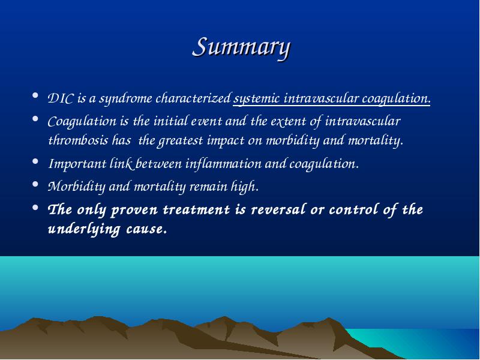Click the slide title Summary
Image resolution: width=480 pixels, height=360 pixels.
tap(242, 47)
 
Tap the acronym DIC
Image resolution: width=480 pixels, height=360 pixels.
tap(61, 98)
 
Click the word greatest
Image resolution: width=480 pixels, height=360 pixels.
tap(179, 141)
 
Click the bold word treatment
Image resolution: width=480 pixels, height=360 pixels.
tap(196, 210)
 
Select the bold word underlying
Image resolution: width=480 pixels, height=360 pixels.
tap(83, 229)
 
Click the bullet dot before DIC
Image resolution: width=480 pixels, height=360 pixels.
tap(35, 95)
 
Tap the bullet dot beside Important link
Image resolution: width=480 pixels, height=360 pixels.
tap(35, 161)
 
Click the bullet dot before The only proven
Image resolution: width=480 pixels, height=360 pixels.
tap(35, 208)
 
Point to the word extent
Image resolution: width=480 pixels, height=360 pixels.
tap(287, 122)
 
